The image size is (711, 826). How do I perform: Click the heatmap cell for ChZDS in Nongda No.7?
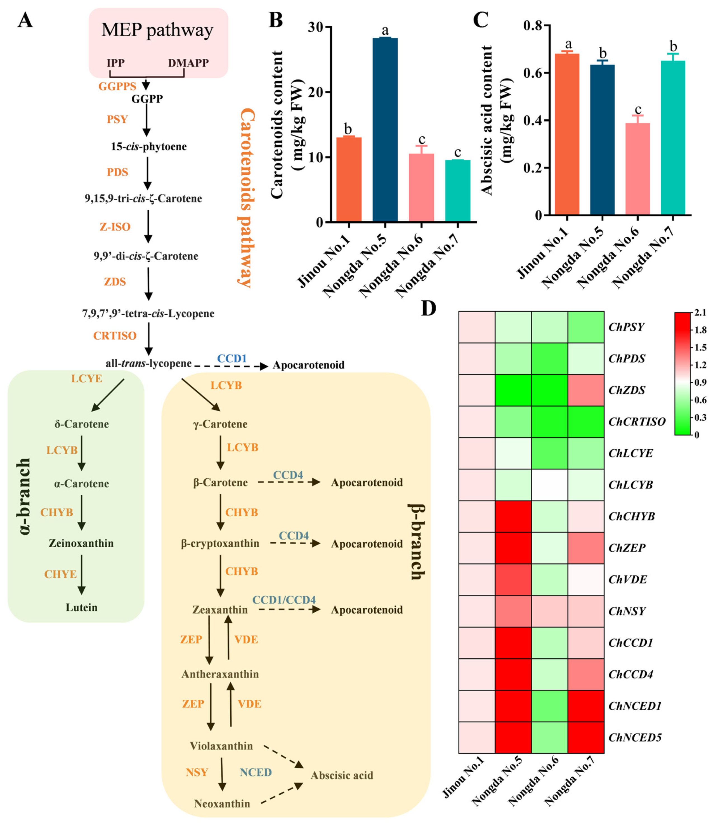click(x=585, y=390)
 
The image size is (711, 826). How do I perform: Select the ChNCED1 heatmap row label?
click(x=635, y=706)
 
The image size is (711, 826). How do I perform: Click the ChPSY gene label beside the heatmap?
click(x=626, y=327)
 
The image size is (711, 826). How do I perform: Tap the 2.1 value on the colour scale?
click(x=700, y=312)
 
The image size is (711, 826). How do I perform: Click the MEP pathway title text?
click(x=157, y=30)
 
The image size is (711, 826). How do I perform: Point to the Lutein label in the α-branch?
click(x=81, y=607)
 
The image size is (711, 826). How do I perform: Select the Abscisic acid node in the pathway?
click(x=342, y=775)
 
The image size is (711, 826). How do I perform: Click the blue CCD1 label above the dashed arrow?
click(x=232, y=359)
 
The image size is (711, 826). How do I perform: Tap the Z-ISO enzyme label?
click(x=115, y=227)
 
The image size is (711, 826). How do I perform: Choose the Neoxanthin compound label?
click(x=222, y=804)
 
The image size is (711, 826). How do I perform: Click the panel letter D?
click(x=429, y=308)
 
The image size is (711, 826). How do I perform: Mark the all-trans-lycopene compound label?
click(x=148, y=363)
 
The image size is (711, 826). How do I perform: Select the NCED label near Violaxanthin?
click(x=256, y=772)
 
